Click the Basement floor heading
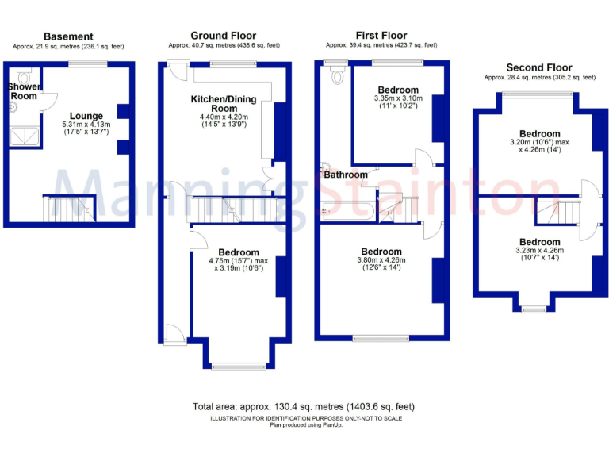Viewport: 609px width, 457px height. pos(68,36)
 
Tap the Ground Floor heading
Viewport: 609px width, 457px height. pos(224,36)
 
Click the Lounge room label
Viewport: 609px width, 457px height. pos(86,116)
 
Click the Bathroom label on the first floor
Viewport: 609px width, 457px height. pos(345,175)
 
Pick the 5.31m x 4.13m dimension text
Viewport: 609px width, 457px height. pos(86,125)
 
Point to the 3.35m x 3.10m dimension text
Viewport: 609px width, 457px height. pos(398,99)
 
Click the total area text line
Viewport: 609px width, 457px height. pos(304,406)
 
